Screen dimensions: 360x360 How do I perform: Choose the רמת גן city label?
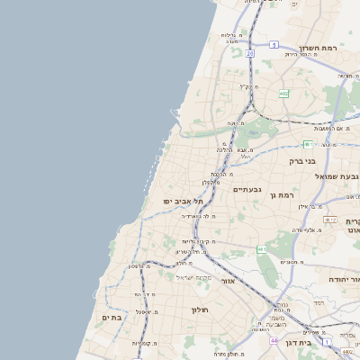[x=286, y=195]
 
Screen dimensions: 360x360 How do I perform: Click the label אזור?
[x=249, y=280]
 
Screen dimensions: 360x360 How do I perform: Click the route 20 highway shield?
[x=250, y=54]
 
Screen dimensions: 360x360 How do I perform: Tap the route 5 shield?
[x=274, y=44]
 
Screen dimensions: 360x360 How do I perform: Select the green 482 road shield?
[x=283, y=93]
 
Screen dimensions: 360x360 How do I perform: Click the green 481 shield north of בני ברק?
[x=308, y=144]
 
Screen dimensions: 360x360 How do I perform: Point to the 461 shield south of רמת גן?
[x=261, y=248]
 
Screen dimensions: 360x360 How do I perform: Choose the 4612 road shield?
[x=330, y=220]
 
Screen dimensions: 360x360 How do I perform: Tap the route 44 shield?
[x=273, y=341]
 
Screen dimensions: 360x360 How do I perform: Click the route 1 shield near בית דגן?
[x=326, y=344]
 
